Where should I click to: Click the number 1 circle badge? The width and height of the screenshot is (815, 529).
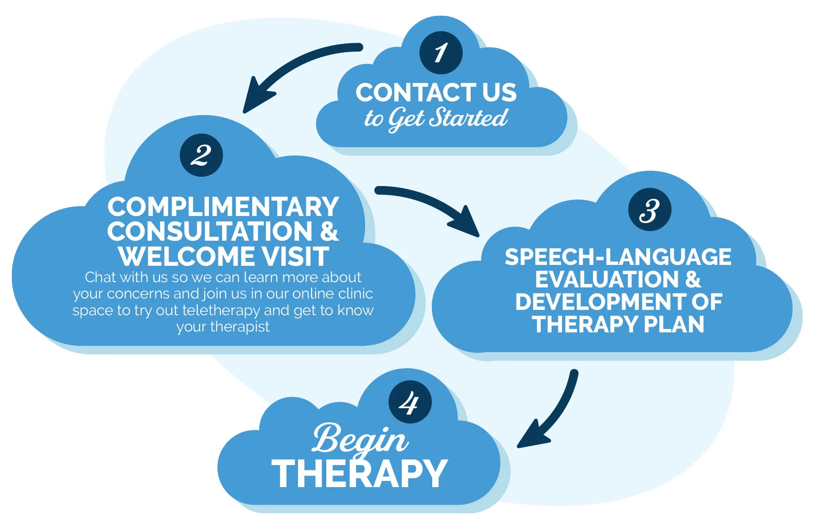coord(441,53)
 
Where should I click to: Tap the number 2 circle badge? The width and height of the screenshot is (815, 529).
coord(201,155)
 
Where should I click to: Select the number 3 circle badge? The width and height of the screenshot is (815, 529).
coord(649,209)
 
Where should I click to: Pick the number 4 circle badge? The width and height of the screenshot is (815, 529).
coord(410,402)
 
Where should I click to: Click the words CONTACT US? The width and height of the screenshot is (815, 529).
coord(436,93)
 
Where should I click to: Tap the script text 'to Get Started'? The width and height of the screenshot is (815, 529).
coord(436,118)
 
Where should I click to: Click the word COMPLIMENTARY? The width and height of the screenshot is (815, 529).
coord(223,207)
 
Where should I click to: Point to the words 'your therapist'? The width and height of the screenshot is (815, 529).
coord(223,327)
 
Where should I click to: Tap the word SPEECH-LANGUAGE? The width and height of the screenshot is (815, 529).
coord(618,257)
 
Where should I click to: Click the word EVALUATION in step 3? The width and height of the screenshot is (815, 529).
coord(607,279)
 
